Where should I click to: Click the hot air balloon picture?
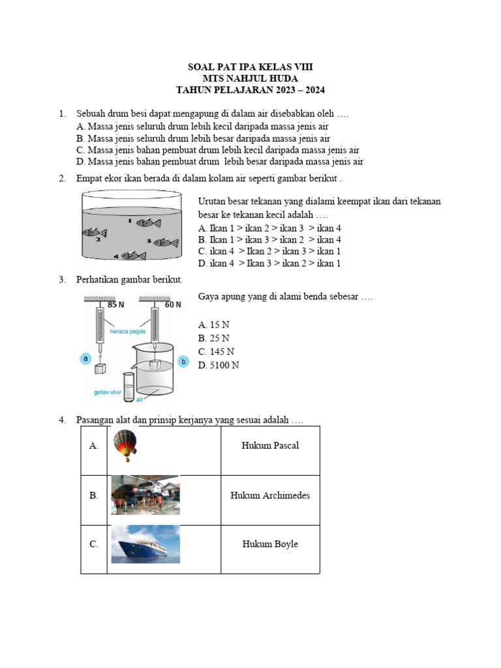(x=125, y=446)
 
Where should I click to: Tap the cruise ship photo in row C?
(x=145, y=544)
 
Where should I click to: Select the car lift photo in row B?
(x=145, y=495)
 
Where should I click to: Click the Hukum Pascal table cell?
(x=270, y=446)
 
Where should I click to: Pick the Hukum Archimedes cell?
(x=270, y=495)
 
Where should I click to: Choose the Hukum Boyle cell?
(x=270, y=544)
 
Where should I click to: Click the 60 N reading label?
(x=172, y=305)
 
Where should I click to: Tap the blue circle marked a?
(x=85, y=357)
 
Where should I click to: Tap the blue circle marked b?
(x=183, y=361)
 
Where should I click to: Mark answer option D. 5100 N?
(x=219, y=365)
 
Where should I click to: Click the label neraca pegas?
(x=127, y=331)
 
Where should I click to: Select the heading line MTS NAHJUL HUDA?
(x=250, y=79)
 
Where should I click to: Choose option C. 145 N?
(x=216, y=352)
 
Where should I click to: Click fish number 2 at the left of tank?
(x=94, y=233)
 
